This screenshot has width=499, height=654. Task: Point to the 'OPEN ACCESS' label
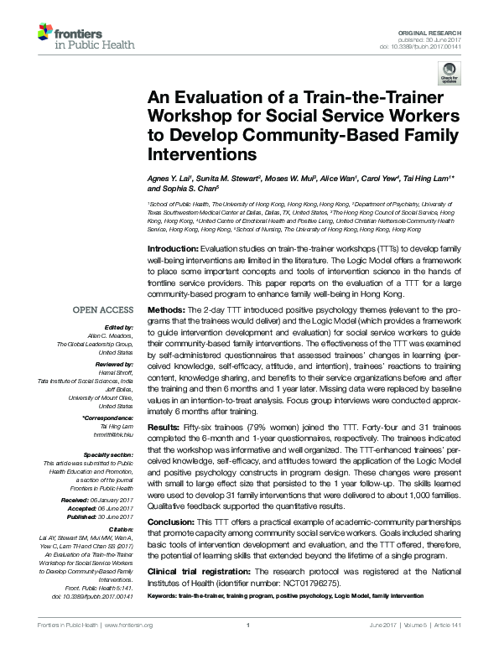(x=107, y=310)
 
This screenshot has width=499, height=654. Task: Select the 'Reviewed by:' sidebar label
(x=116, y=366)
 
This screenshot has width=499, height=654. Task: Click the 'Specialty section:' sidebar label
(x=112, y=454)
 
